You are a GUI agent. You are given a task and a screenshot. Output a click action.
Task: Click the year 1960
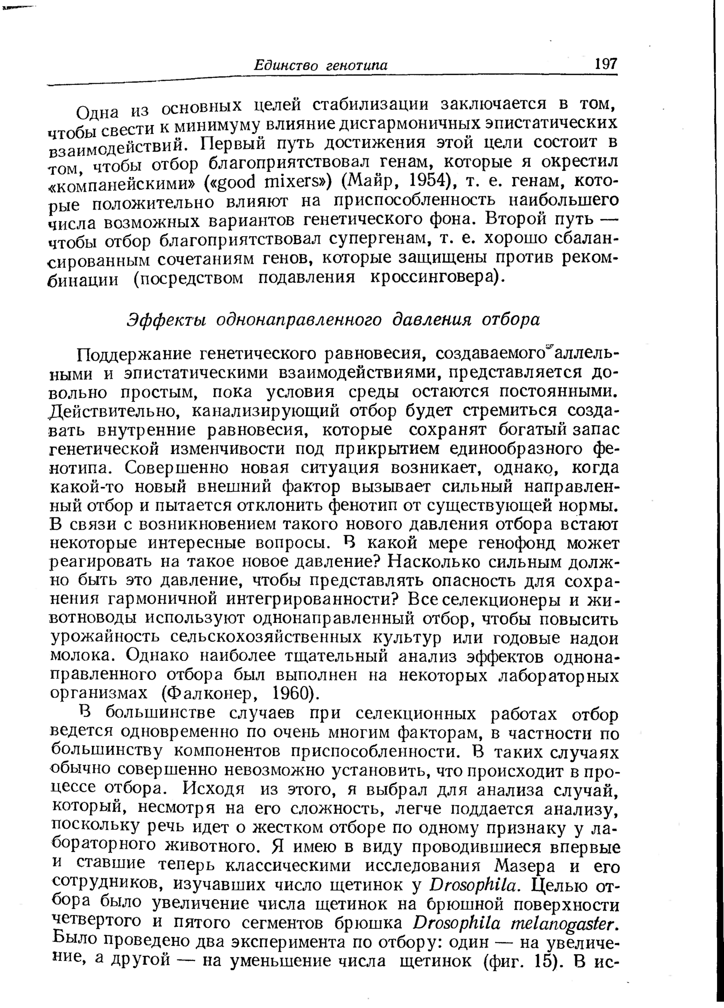coord(292,693)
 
